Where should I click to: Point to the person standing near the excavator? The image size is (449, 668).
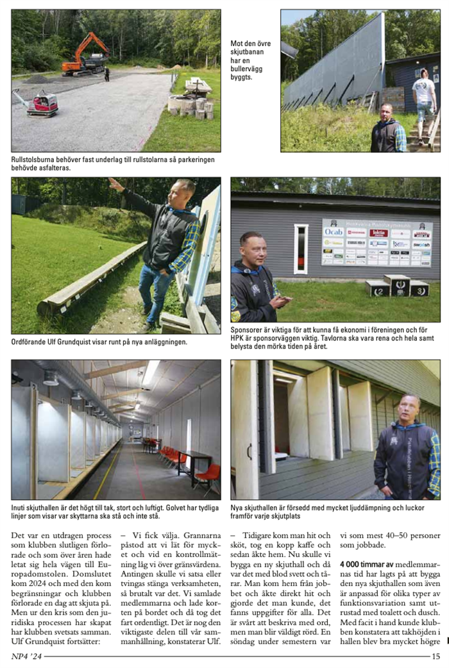click(107, 74)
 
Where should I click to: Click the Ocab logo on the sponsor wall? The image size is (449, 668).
click(334, 231)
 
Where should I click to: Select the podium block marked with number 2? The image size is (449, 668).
click(377, 289)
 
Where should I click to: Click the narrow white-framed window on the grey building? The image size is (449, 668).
click(301, 249)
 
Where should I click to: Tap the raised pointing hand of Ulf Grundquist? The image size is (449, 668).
click(115, 185)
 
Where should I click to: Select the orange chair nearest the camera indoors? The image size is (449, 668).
click(206, 475)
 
